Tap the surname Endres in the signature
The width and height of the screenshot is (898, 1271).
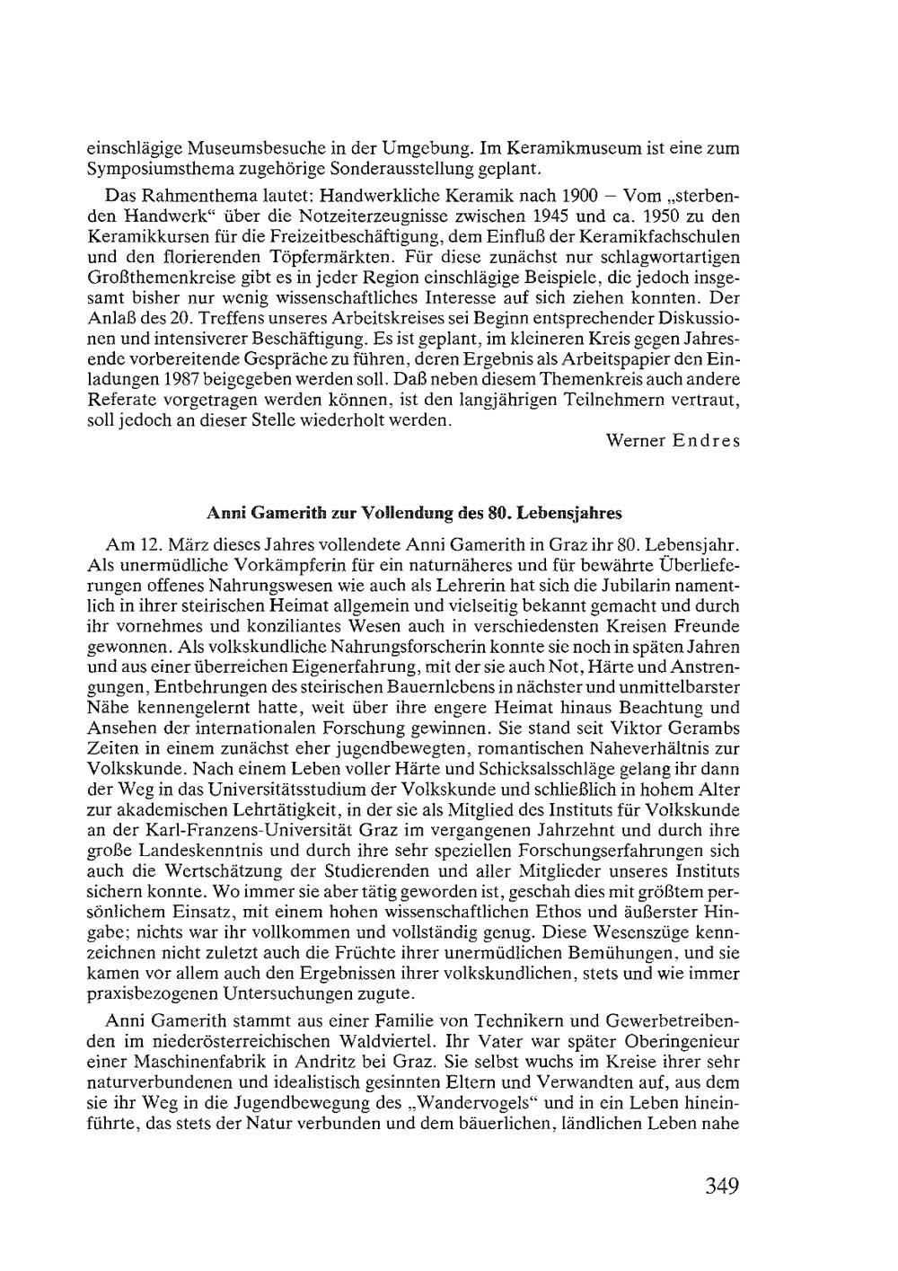(x=707, y=441)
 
